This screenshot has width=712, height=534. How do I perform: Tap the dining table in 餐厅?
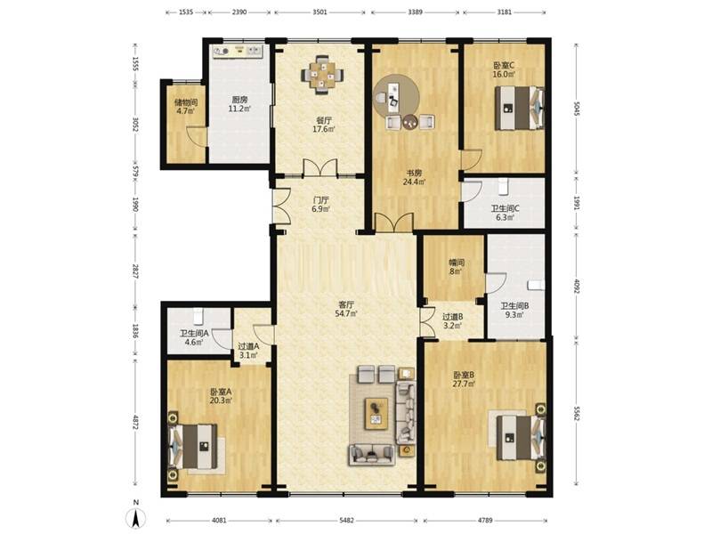pos(323,75)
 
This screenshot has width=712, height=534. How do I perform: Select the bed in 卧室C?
pos(520,108)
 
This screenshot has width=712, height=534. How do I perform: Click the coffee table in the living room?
pos(376,414)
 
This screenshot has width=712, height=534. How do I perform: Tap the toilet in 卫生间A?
pos(198,317)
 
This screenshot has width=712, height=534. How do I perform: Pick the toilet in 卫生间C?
pos(502,186)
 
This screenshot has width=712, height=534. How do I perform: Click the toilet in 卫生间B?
pos(537,285)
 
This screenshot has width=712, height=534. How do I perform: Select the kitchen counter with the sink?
pos(238,51)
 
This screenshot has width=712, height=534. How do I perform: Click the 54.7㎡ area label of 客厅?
pos(345,313)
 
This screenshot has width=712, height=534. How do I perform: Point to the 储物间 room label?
pos(186,102)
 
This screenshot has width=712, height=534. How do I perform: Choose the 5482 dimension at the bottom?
pos(346,521)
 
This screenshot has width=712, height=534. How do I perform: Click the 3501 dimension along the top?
pos(320,12)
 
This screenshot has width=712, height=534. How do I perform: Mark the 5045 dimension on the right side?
pos(577,109)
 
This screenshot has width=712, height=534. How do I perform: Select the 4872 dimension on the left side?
pos(135,422)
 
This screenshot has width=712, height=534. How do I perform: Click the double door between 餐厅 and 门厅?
pos(320,167)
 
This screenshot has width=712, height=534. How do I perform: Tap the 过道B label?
pos(453,317)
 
